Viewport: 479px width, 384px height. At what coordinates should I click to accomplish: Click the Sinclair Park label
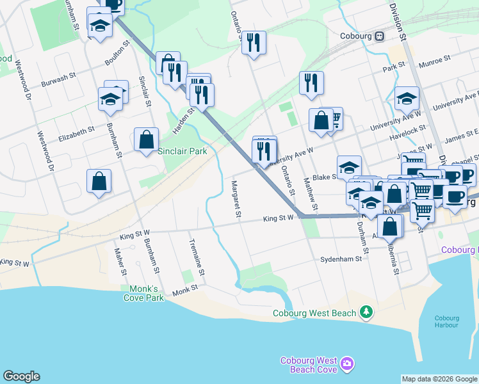pyautogui.click(x=183, y=152)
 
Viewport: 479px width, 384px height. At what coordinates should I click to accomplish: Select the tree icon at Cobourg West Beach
pyautogui.click(x=366, y=312)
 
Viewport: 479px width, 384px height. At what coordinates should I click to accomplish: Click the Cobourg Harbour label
pyautogui.click(x=446, y=321)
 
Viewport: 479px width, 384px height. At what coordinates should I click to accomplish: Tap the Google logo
pyautogui.click(x=21, y=376)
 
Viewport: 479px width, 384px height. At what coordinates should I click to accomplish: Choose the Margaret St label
pyautogui.click(x=234, y=199)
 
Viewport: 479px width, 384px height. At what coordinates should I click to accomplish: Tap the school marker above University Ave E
pyautogui.click(x=407, y=98)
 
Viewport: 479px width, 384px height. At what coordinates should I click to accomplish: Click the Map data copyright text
pyautogui.click(x=439, y=379)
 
